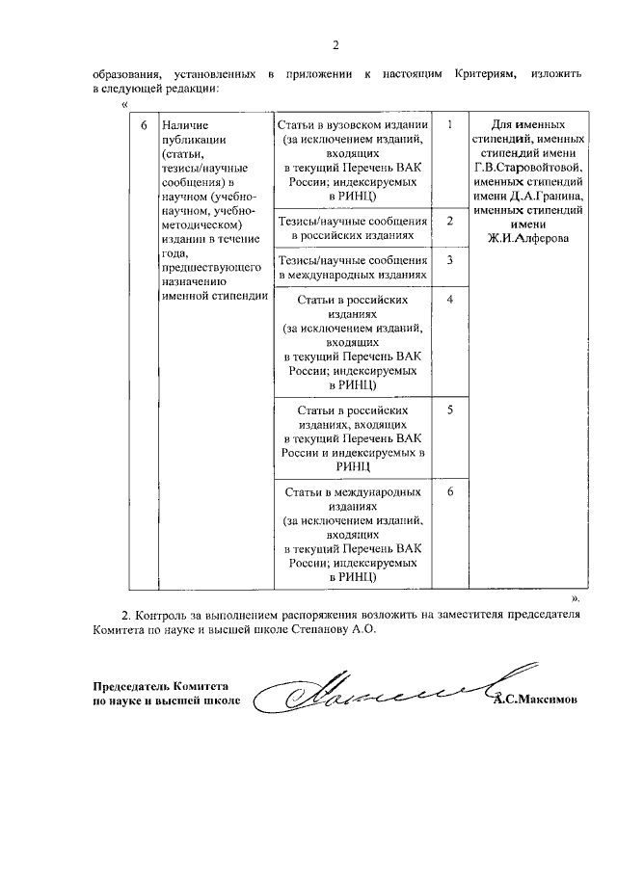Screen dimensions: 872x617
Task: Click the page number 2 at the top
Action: (x=335, y=44)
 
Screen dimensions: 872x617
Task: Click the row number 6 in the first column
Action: (x=144, y=125)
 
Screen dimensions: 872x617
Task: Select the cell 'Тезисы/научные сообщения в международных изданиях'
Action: (x=352, y=267)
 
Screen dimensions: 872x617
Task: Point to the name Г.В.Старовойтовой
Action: (x=528, y=167)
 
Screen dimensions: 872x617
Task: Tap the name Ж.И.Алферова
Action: (x=527, y=237)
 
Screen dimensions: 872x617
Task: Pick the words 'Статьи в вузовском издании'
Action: (x=352, y=125)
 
